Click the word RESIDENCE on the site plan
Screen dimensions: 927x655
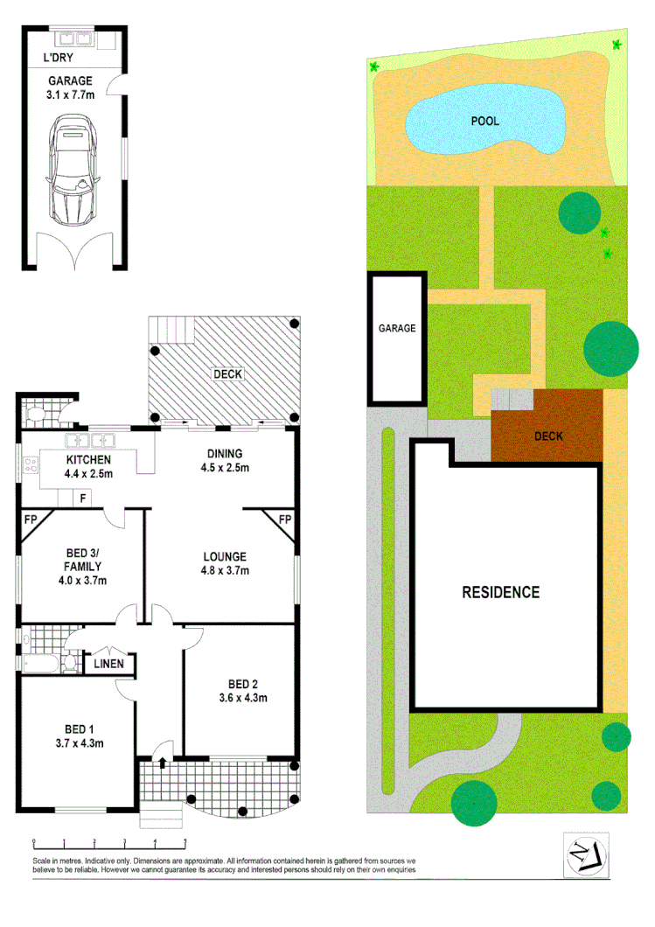click(500, 592)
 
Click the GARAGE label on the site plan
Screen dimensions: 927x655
click(396, 329)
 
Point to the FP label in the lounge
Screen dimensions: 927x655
click(284, 520)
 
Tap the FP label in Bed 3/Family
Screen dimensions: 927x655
click(30, 520)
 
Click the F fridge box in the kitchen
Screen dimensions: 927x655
click(83, 498)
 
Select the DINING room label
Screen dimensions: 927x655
click(225, 453)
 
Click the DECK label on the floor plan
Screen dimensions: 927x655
click(227, 374)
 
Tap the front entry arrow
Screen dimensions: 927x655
click(162, 763)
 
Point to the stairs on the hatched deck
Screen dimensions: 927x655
click(171, 330)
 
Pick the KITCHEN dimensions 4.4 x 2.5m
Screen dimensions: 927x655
click(87, 475)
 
